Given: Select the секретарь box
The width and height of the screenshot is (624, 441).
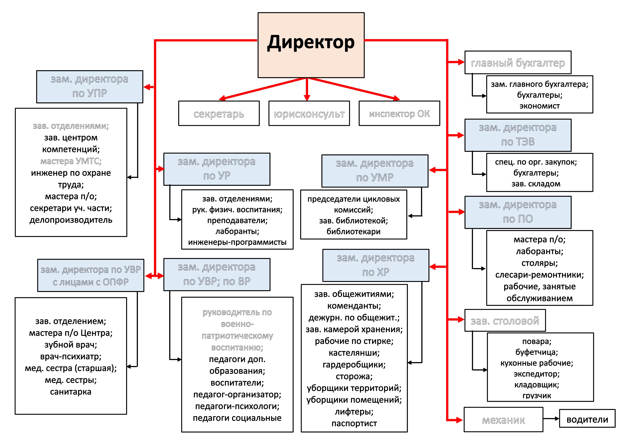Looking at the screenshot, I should click(x=219, y=114).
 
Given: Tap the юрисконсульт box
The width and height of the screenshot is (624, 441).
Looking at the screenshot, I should click(x=309, y=114).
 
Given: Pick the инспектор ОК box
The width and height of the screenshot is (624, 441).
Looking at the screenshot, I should click(x=399, y=114).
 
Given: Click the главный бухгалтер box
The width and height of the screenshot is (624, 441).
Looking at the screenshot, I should click(x=518, y=62).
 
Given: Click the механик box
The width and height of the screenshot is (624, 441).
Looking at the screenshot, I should click(x=503, y=420).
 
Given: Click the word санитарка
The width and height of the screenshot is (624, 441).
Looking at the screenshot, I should click(x=71, y=392).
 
